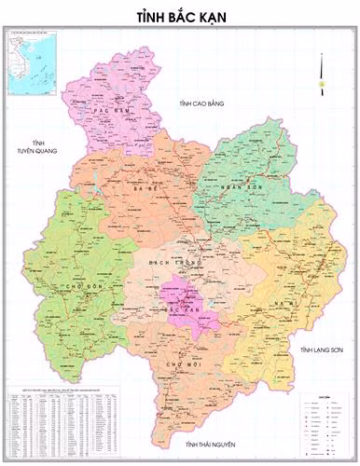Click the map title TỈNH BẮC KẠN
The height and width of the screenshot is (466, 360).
(180, 17)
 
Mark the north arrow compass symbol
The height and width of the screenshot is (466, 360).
(321, 73)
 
